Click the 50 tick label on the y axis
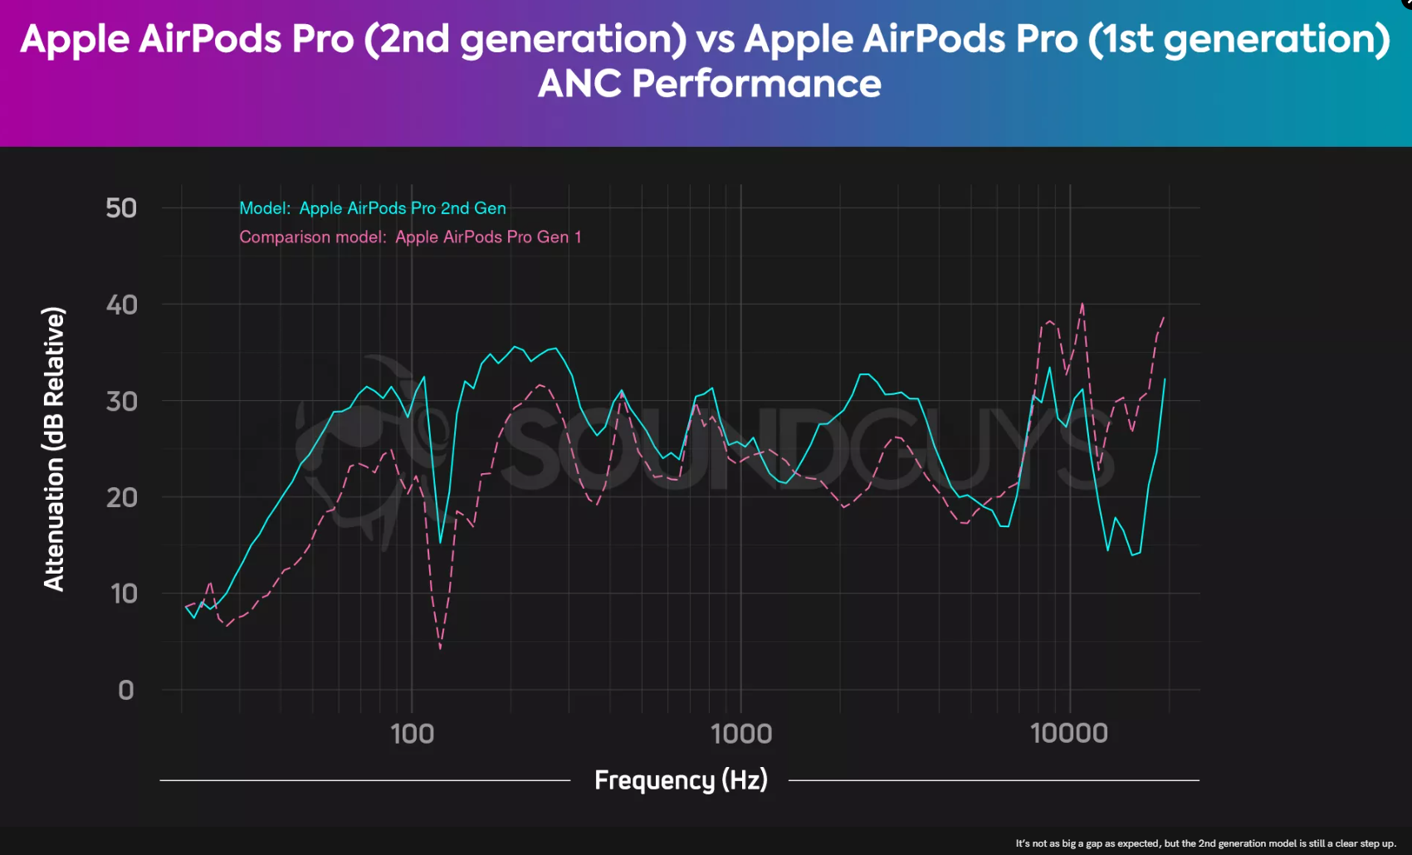121,208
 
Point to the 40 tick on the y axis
121,305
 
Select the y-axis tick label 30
121,401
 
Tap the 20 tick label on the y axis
121,497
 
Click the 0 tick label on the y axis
126,690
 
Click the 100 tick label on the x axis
412,734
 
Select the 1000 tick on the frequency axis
740,734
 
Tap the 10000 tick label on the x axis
1068,734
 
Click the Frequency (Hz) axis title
681,780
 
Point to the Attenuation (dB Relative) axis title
54,449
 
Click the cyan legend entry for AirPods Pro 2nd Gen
372,208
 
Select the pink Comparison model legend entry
410,237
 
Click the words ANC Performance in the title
709,84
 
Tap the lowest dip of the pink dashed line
440,648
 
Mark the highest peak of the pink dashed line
1082,304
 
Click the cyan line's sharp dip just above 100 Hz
440,542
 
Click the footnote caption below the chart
1205,843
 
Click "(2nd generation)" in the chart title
525,39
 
